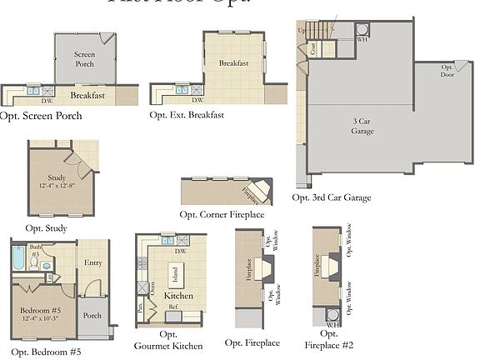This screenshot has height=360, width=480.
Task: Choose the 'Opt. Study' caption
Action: [47, 228]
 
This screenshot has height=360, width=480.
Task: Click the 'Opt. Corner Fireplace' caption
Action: [222, 215]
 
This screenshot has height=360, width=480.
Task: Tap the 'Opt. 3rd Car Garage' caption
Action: [332, 198]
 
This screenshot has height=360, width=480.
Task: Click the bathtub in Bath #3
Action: [19, 262]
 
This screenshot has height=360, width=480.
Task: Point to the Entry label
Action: [93, 262]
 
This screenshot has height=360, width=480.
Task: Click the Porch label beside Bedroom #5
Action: [92, 316]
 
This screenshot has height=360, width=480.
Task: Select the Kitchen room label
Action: [178, 296]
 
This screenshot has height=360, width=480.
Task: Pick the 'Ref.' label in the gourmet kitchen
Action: [174, 307]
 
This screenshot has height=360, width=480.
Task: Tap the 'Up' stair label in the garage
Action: [301, 30]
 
